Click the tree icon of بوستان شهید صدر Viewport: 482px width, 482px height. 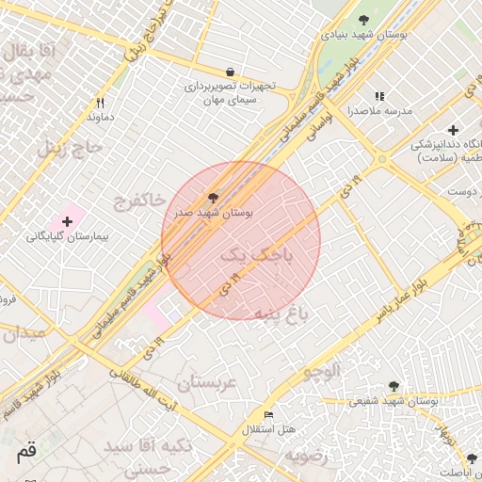tap(214, 199)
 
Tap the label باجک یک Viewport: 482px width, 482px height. tap(257, 254)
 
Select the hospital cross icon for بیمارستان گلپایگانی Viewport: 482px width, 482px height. tap(66, 220)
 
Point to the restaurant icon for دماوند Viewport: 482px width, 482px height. tap(100, 104)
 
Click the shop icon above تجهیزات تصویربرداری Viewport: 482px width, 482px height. tap(230, 72)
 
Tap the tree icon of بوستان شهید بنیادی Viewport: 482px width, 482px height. tap(364, 20)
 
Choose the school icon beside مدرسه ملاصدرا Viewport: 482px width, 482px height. tap(379, 96)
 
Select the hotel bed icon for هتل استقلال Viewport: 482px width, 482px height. tap(269, 414)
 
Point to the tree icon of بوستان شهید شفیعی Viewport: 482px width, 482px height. tap(394, 386)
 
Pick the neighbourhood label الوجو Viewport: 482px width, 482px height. tap(321, 372)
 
